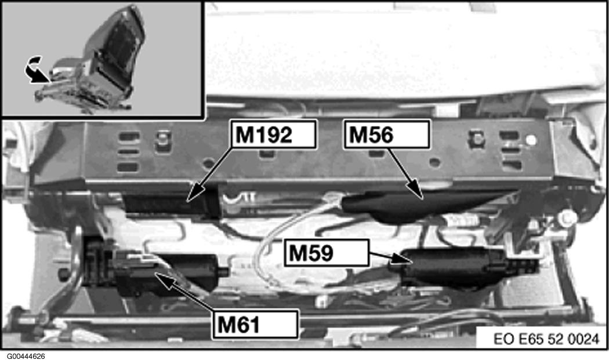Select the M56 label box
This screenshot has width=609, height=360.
click(x=387, y=134)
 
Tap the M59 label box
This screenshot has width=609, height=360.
click(x=326, y=253)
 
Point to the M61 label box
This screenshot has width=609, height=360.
click(x=256, y=324)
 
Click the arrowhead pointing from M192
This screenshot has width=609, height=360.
click(x=196, y=192)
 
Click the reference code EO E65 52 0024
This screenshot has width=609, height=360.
click(x=546, y=339)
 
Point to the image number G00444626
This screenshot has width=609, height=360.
click(x=26, y=356)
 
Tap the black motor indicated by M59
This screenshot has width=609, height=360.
click(x=452, y=268)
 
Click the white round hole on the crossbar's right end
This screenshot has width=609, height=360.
click(x=531, y=140)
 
